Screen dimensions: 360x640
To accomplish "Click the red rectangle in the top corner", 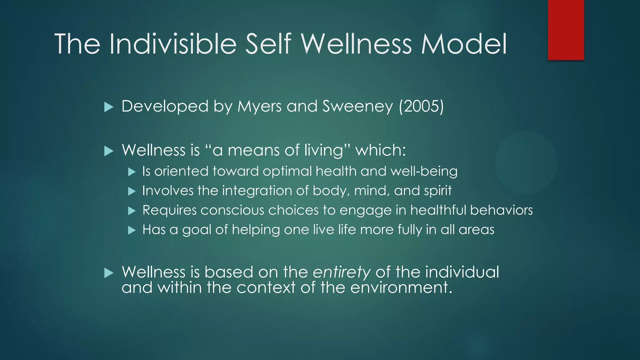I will pos(566,30).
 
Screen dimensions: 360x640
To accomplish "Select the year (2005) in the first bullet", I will pos(421,106).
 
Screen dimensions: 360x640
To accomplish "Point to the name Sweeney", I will pos(357,107).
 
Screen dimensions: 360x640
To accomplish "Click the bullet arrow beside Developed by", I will pos(108,107).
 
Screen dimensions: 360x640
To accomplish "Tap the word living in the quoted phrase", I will pos(327,151).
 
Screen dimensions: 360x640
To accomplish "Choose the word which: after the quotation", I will pos(381,150).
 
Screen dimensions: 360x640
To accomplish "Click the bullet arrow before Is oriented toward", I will pos(132,172).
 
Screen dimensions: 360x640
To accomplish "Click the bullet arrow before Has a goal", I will pos(132,231).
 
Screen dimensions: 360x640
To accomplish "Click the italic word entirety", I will pos(342,272).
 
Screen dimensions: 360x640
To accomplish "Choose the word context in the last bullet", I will pos(266,287).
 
